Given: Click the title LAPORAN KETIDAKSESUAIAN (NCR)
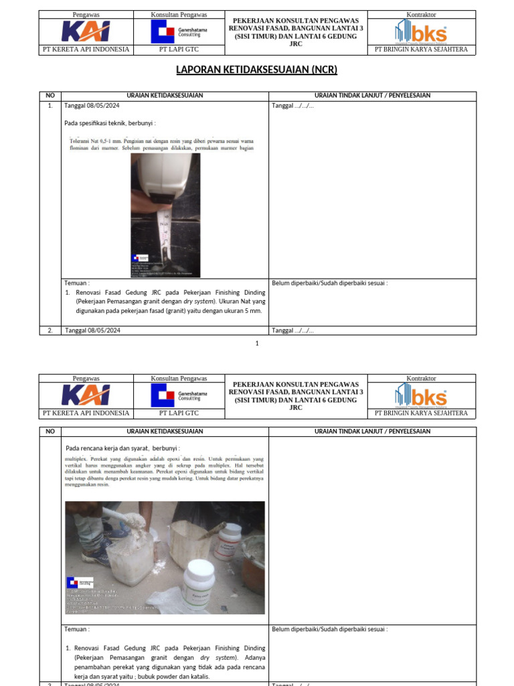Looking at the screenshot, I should pyautogui.click(x=256, y=70).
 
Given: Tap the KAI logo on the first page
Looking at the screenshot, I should pyautogui.click(x=86, y=31).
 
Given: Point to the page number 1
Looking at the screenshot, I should pyautogui.click(x=256, y=344).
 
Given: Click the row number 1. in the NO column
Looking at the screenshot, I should pyautogui.click(x=50, y=106).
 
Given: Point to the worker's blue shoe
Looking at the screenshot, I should pyautogui.click(x=98, y=554).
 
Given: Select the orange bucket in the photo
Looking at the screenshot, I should pyautogui.click(x=254, y=568).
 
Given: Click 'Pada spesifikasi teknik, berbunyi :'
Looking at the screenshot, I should pyautogui.click(x=110, y=123).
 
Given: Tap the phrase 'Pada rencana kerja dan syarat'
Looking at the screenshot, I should pyautogui.click(x=107, y=448).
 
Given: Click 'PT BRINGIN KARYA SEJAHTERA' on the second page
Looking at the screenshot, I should pyautogui.click(x=421, y=413).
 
